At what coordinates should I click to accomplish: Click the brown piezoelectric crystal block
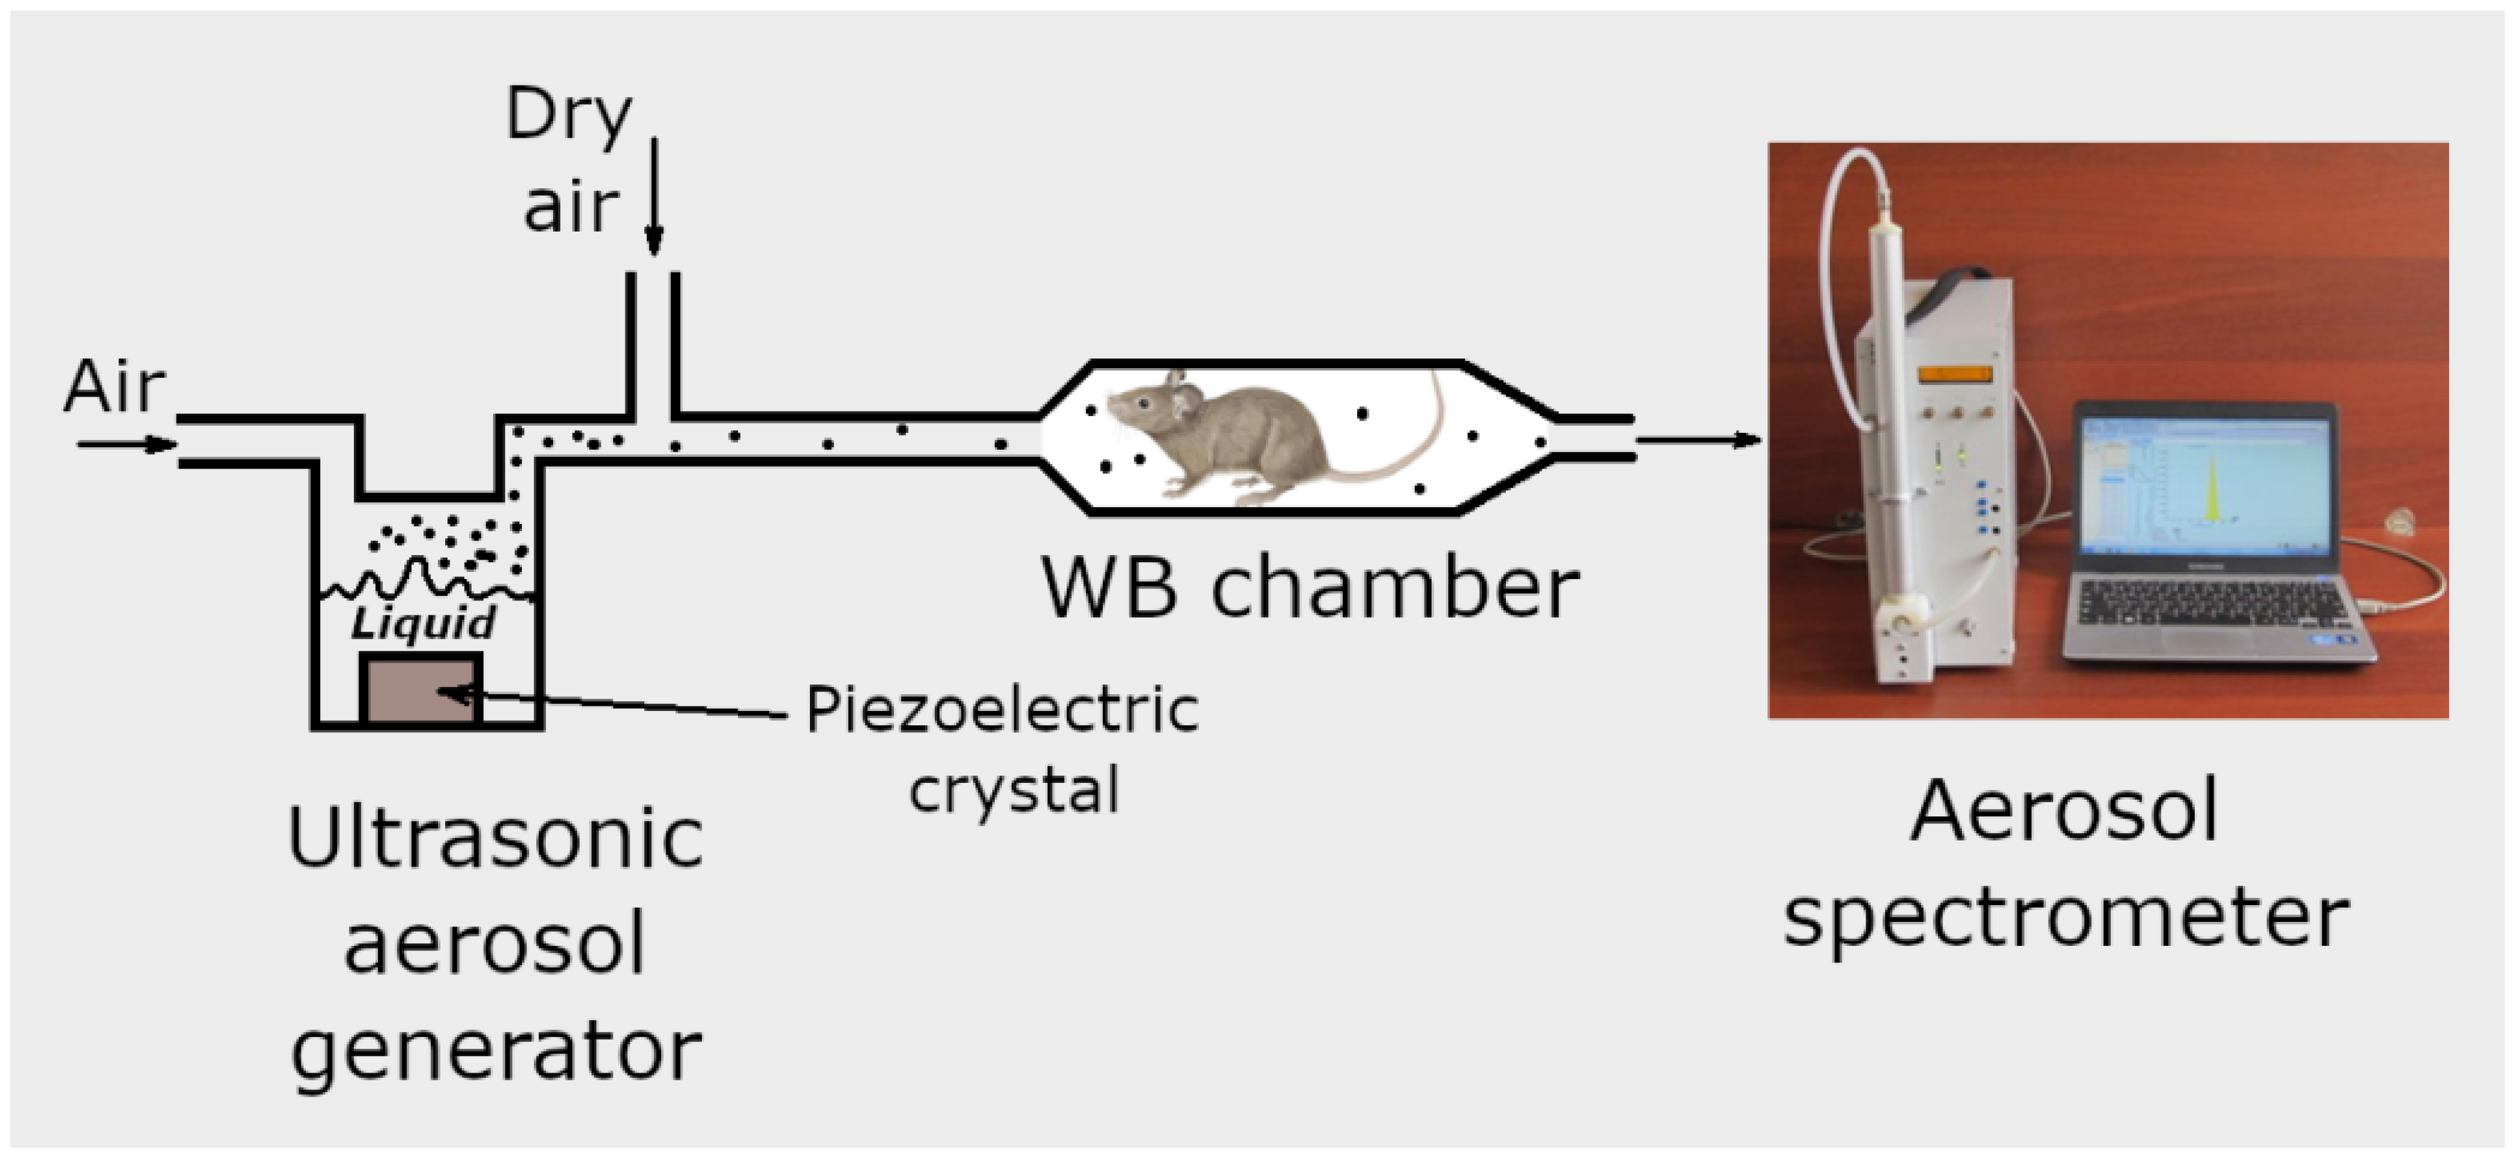[421, 690]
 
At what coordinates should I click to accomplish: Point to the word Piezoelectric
[1001, 710]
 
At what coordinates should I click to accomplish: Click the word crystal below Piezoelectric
[1013, 790]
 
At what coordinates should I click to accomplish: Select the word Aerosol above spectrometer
[2064, 812]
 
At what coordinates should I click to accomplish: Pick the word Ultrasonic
[496, 838]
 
